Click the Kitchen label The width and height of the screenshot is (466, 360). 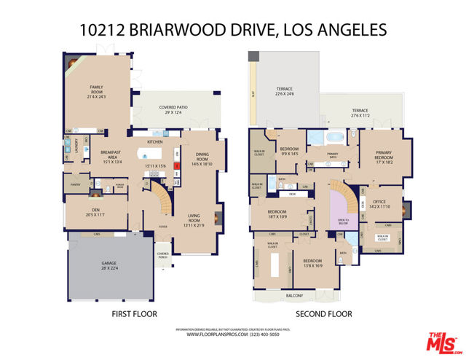[155, 141]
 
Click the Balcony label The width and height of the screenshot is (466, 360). [315, 295]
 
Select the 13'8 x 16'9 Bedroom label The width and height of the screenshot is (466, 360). [312, 263]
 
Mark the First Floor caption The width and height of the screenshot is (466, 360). [135, 314]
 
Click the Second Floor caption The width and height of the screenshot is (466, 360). [323, 314]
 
